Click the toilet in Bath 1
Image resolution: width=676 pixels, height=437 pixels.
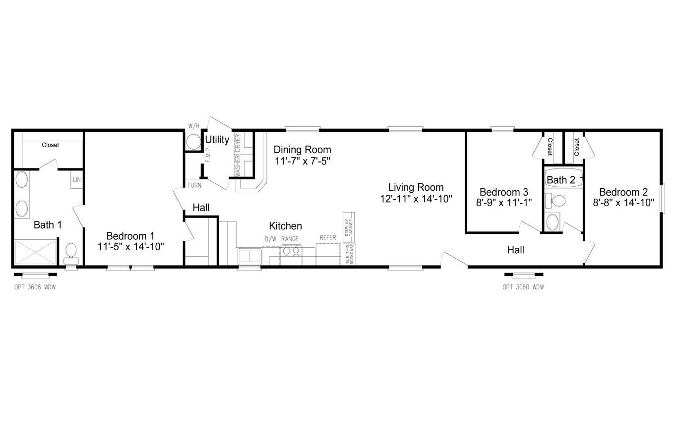pyautogui.click(x=71, y=254)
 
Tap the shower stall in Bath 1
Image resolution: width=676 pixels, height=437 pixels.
pyautogui.click(x=35, y=252)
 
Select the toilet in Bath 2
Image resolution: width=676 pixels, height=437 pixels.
pyautogui.click(x=555, y=201)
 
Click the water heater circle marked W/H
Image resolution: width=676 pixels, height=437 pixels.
pyautogui.click(x=193, y=142)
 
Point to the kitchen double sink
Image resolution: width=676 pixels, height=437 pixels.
pyautogui.click(x=249, y=256)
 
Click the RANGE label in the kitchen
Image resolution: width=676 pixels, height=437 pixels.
pyautogui.click(x=290, y=239)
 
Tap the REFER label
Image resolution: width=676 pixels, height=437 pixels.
pyautogui.click(x=328, y=238)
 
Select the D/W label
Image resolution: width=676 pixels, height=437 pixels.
pyautogui.click(x=270, y=239)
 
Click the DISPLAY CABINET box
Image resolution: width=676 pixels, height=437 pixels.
pyautogui.click(x=349, y=227)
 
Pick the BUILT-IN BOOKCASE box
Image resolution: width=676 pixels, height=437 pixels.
pyautogui.click(x=348, y=254)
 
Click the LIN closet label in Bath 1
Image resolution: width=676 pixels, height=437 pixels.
pyautogui.click(x=77, y=180)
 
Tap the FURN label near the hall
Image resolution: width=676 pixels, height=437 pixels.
pyautogui.click(x=194, y=185)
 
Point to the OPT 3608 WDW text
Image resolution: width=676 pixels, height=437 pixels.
pyautogui.click(x=35, y=287)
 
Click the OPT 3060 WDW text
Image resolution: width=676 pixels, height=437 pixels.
pyautogui.click(x=523, y=287)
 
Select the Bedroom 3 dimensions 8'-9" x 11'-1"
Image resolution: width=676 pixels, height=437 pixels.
pyautogui.click(x=504, y=203)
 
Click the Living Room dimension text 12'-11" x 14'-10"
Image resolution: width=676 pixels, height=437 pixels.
pyautogui.click(x=416, y=199)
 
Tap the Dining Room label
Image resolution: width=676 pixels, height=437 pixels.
pyautogui.click(x=303, y=150)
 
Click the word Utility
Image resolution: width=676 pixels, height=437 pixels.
pyautogui.click(x=217, y=140)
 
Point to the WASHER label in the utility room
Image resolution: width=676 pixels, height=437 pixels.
pyautogui.click(x=238, y=166)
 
